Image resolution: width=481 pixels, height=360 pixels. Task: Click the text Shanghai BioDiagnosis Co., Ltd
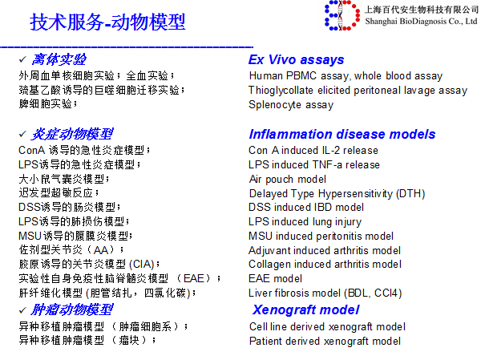point(421,22)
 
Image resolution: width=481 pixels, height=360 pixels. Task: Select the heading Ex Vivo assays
point(296,60)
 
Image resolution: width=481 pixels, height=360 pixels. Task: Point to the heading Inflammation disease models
point(342,134)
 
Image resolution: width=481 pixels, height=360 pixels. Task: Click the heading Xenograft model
point(305,310)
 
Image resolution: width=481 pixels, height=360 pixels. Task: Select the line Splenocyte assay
point(290,104)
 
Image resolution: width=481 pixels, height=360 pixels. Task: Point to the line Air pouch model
point(287,179)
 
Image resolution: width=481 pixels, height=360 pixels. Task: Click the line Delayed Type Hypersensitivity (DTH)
point(337,193)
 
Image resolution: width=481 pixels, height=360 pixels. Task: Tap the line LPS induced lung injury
point(305,221)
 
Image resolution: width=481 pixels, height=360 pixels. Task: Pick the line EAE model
point(275,278)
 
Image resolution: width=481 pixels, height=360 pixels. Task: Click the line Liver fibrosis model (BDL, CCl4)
point(324,293)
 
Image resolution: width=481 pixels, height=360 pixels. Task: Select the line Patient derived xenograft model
point(325,341)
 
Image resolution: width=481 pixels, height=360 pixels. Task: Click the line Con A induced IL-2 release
point(313,150)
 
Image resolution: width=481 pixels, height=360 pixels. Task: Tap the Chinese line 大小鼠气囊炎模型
point(72,179)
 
